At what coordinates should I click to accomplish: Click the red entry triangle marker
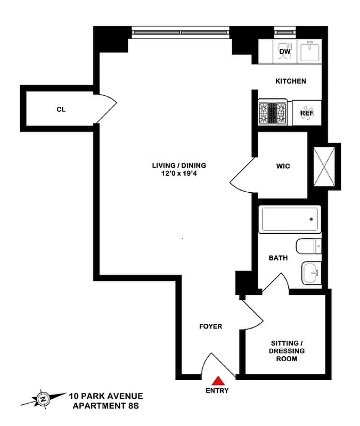(218, 381)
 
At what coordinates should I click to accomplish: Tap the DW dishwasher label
(285, 51)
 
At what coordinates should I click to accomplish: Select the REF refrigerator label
(307, 113)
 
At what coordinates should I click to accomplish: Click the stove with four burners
(273, 113)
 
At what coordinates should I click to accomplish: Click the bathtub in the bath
(290, 219)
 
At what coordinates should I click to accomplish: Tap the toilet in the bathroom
(309, 246)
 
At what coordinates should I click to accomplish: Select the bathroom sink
(310, 273)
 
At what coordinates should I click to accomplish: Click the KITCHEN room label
(290, 81)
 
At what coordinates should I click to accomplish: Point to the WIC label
(283, 166)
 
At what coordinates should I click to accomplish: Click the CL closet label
(61, 110)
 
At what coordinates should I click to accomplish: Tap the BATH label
(278, 258)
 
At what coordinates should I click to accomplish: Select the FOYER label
(210, 326)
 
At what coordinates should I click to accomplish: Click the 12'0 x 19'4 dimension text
(178, 173)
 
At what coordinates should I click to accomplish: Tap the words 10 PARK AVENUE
(105, 396)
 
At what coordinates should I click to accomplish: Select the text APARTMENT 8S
(105, 406)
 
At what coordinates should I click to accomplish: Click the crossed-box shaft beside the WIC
(325, 166)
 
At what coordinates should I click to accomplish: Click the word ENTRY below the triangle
(217, 391)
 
